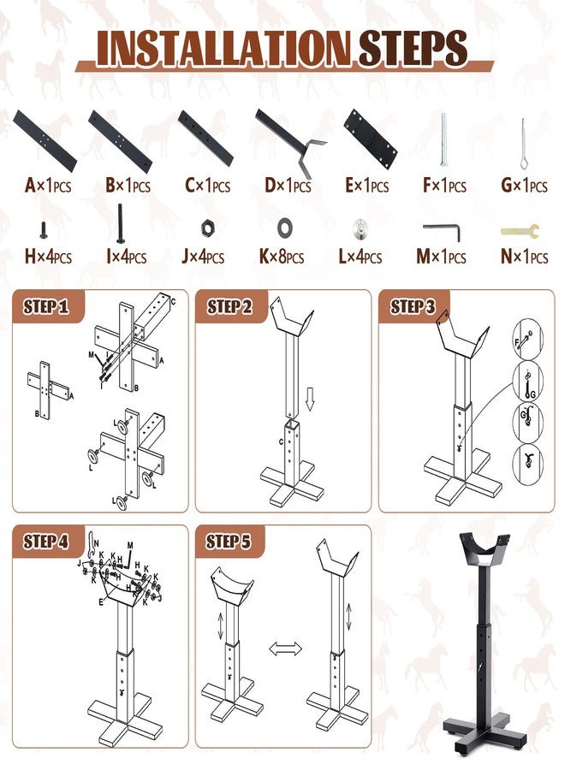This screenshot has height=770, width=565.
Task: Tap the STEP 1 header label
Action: click(x=46, y=307)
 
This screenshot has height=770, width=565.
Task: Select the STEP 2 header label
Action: click(x=230, y=307)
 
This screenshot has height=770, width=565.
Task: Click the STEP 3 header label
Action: click(x=414, y=307)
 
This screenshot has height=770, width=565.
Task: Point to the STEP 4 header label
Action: click(x=46, y=541)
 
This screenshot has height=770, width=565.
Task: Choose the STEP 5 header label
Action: click(x=230, y=541)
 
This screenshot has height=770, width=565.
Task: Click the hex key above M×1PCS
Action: click(x=442, y=231)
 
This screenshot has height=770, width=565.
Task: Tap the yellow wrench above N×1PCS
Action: click(x=520, y=230)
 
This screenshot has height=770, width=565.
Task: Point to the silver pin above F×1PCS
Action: click(x=443, y=141)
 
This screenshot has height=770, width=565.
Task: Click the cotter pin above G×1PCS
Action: click(x=521, y=143)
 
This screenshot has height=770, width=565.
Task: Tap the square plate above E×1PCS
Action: click(x=371, y=139)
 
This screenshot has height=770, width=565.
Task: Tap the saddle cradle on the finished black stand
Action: click(x=484, y=551)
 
